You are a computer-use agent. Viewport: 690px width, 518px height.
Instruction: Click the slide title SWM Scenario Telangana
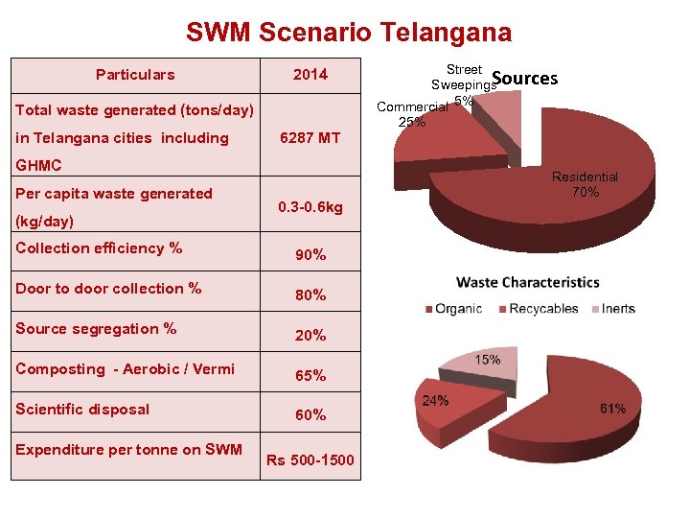349,33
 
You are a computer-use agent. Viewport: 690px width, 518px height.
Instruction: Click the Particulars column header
135,75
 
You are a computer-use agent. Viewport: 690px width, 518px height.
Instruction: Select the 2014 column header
310,75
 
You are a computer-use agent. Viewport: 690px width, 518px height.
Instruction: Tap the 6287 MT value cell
310,138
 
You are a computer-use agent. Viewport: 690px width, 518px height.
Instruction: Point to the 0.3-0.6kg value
310,207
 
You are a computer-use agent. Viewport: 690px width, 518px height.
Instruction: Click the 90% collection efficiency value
310,255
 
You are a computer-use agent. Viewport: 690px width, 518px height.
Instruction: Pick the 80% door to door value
310,295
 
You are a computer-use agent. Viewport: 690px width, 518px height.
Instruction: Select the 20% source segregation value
310,336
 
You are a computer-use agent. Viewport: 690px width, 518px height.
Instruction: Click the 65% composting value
310,376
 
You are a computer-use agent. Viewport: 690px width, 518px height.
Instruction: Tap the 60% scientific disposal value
310,415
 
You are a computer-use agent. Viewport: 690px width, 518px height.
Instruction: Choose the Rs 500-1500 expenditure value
310,460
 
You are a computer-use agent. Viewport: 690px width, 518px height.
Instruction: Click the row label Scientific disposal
82,410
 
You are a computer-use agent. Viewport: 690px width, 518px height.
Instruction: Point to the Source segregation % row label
96,329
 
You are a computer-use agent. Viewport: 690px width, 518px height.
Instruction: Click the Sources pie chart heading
524,79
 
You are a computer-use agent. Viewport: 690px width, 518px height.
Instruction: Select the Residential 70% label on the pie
585,184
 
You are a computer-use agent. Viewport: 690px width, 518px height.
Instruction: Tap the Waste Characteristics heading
528,282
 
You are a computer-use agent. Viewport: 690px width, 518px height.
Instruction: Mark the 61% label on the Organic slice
612,409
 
